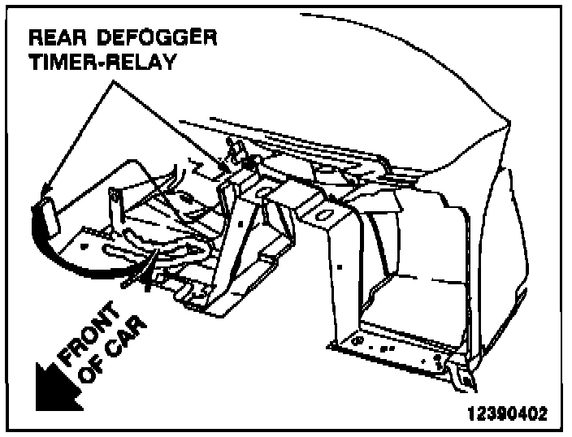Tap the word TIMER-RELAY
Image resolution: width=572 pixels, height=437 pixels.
click(102, 63)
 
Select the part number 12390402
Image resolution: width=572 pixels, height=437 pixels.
click(507, 413)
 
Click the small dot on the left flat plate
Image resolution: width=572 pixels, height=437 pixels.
click(84, 243)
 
